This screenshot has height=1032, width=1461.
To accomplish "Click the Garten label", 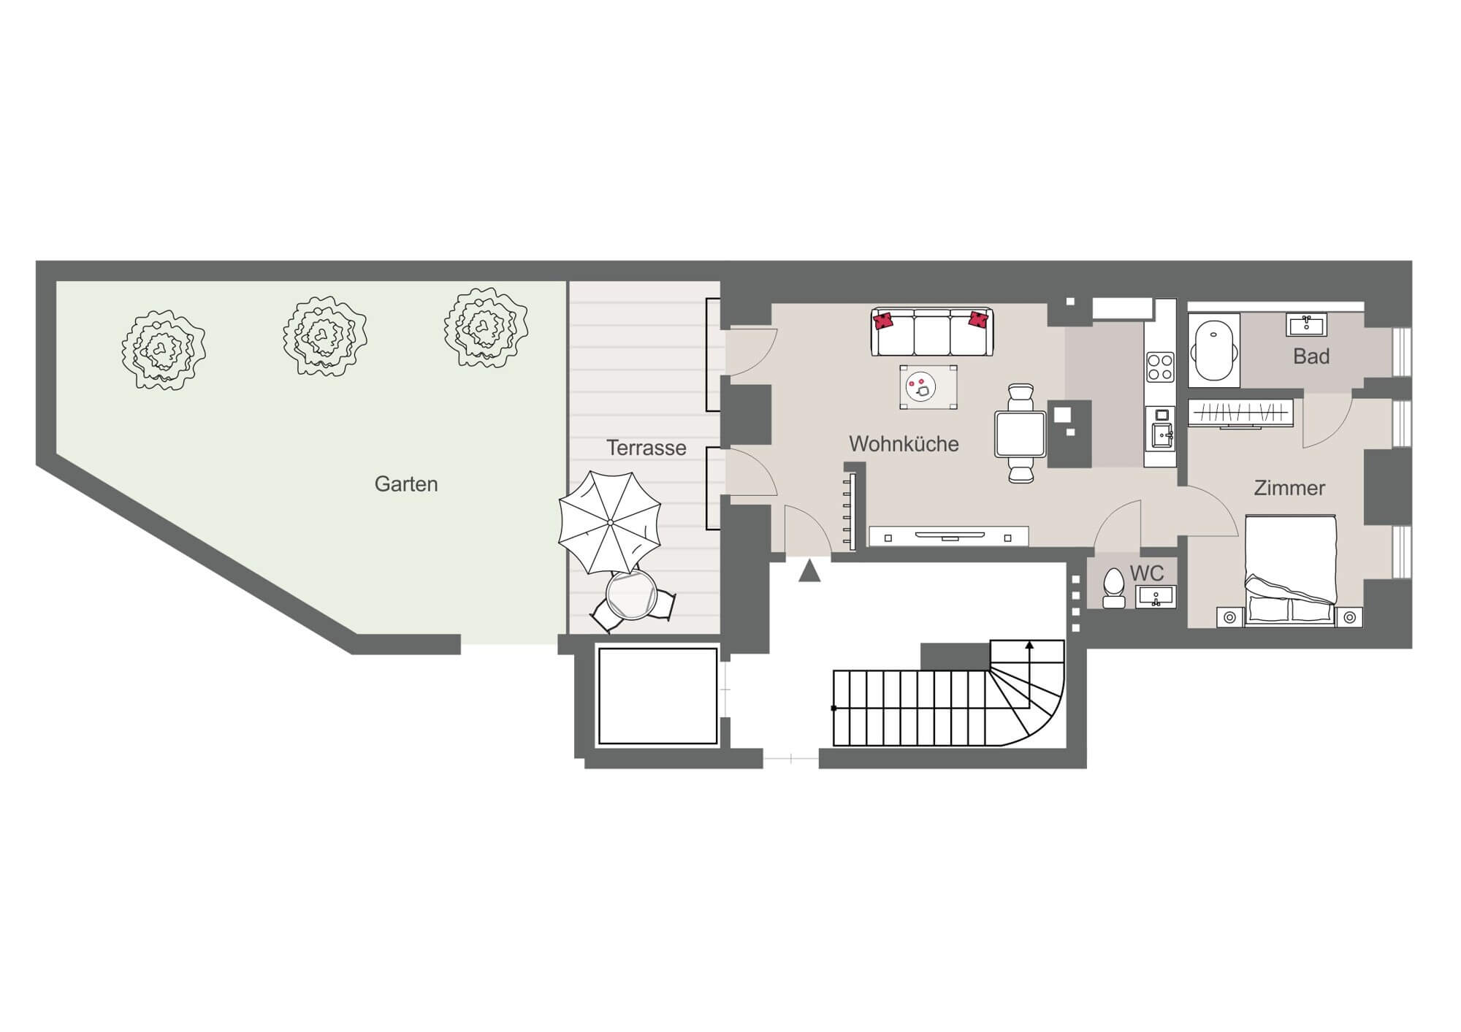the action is [406, 484].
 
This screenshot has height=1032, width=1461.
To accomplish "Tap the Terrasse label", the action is [646, 448].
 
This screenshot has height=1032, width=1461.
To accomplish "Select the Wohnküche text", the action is [904, 444].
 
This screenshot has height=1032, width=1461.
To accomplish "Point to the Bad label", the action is [1311, 356].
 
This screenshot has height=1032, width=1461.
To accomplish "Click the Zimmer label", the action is [1289, 488].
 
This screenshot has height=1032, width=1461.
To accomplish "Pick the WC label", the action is [1147, 573].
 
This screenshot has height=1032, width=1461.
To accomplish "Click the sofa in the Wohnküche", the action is [932, 332].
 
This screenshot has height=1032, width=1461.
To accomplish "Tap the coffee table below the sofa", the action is [928, 387].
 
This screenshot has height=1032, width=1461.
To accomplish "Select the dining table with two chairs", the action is [1021, 434].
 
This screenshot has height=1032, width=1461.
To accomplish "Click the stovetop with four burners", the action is [1159, 367].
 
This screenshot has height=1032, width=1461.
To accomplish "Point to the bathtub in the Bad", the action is [1214, 351].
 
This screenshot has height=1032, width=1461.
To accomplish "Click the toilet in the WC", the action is [1113, 589].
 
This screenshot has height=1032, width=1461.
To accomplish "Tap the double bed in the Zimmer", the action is [1290, 570].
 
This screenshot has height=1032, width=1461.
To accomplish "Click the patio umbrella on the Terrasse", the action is [610, 522].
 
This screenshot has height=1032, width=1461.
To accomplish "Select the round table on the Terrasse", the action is [632, 595].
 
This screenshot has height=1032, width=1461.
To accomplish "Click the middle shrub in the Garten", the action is [324, 336].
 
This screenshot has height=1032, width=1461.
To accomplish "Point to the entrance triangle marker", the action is [809, 570].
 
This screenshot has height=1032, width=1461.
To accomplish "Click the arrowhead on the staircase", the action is [1029, 645].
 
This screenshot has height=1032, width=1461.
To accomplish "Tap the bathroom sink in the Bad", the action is [1306, 324].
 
